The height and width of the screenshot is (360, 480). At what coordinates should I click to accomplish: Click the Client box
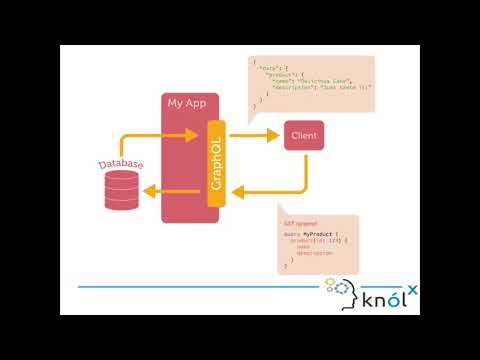point(303,135)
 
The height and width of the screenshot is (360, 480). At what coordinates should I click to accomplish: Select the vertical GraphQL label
point(216,161)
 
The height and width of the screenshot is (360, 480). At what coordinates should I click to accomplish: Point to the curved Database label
point(121,163)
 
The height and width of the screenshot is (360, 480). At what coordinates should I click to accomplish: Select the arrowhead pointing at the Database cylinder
point(146,191)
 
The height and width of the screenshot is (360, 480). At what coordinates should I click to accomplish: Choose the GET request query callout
point(319,243)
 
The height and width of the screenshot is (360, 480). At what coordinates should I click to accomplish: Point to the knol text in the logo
point(380,297)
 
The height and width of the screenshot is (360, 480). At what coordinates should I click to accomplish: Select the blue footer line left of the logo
point(200,287)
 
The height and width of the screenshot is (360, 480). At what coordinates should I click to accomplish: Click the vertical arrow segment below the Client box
point(304,170)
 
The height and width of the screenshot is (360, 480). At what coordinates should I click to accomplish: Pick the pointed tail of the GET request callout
point(284,204)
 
